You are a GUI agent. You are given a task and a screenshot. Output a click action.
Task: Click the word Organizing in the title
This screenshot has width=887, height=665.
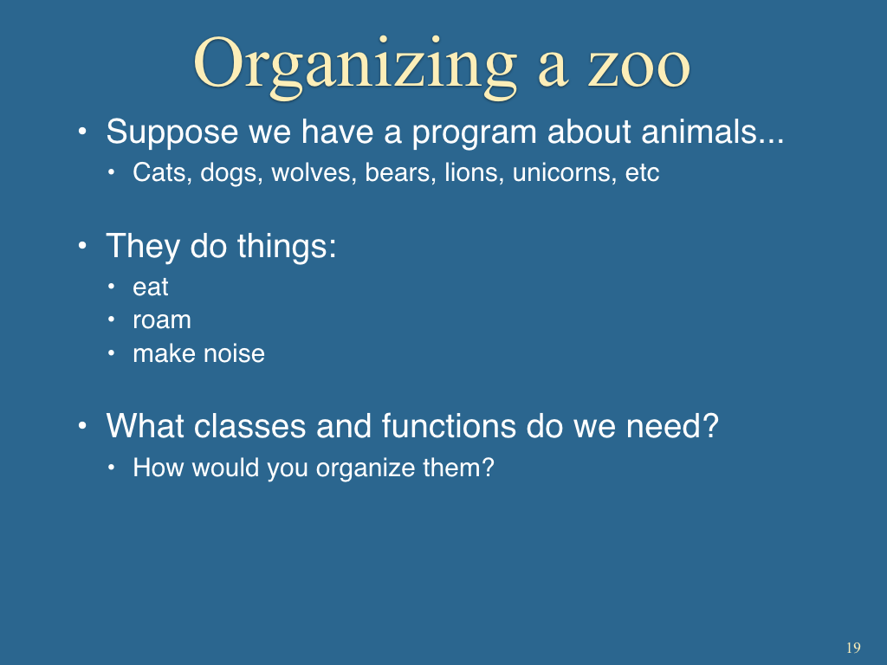[x=354, y=67]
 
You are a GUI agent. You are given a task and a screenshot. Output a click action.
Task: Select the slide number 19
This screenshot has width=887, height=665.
[x=853, y=648]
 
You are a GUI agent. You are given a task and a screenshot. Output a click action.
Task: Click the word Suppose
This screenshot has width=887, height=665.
[x=172, y=132]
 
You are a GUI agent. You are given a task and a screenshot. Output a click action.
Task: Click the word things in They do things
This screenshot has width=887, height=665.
[x=286, y=247]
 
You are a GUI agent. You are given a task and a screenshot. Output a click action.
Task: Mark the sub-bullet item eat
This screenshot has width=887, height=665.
[x=151, y=287]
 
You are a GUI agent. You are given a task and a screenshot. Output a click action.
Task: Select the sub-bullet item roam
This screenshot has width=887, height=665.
[x=162, y=321]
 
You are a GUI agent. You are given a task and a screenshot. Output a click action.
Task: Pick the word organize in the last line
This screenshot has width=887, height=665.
[x=366, y=468]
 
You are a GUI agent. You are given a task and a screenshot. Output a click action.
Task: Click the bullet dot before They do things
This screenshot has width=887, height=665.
[x=82, y=246]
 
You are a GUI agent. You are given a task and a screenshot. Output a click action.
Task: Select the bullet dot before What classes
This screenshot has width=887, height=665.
[x=82, y=425]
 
